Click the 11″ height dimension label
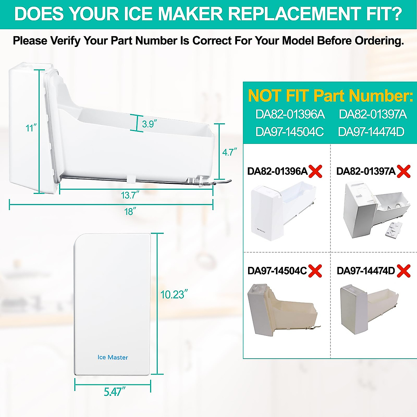31,128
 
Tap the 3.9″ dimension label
149,124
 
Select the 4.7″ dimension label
230,152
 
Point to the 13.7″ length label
130,195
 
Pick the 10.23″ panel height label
174,294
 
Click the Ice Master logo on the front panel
113,357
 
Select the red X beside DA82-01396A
316,171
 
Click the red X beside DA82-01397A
403,171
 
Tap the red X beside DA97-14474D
403,271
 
